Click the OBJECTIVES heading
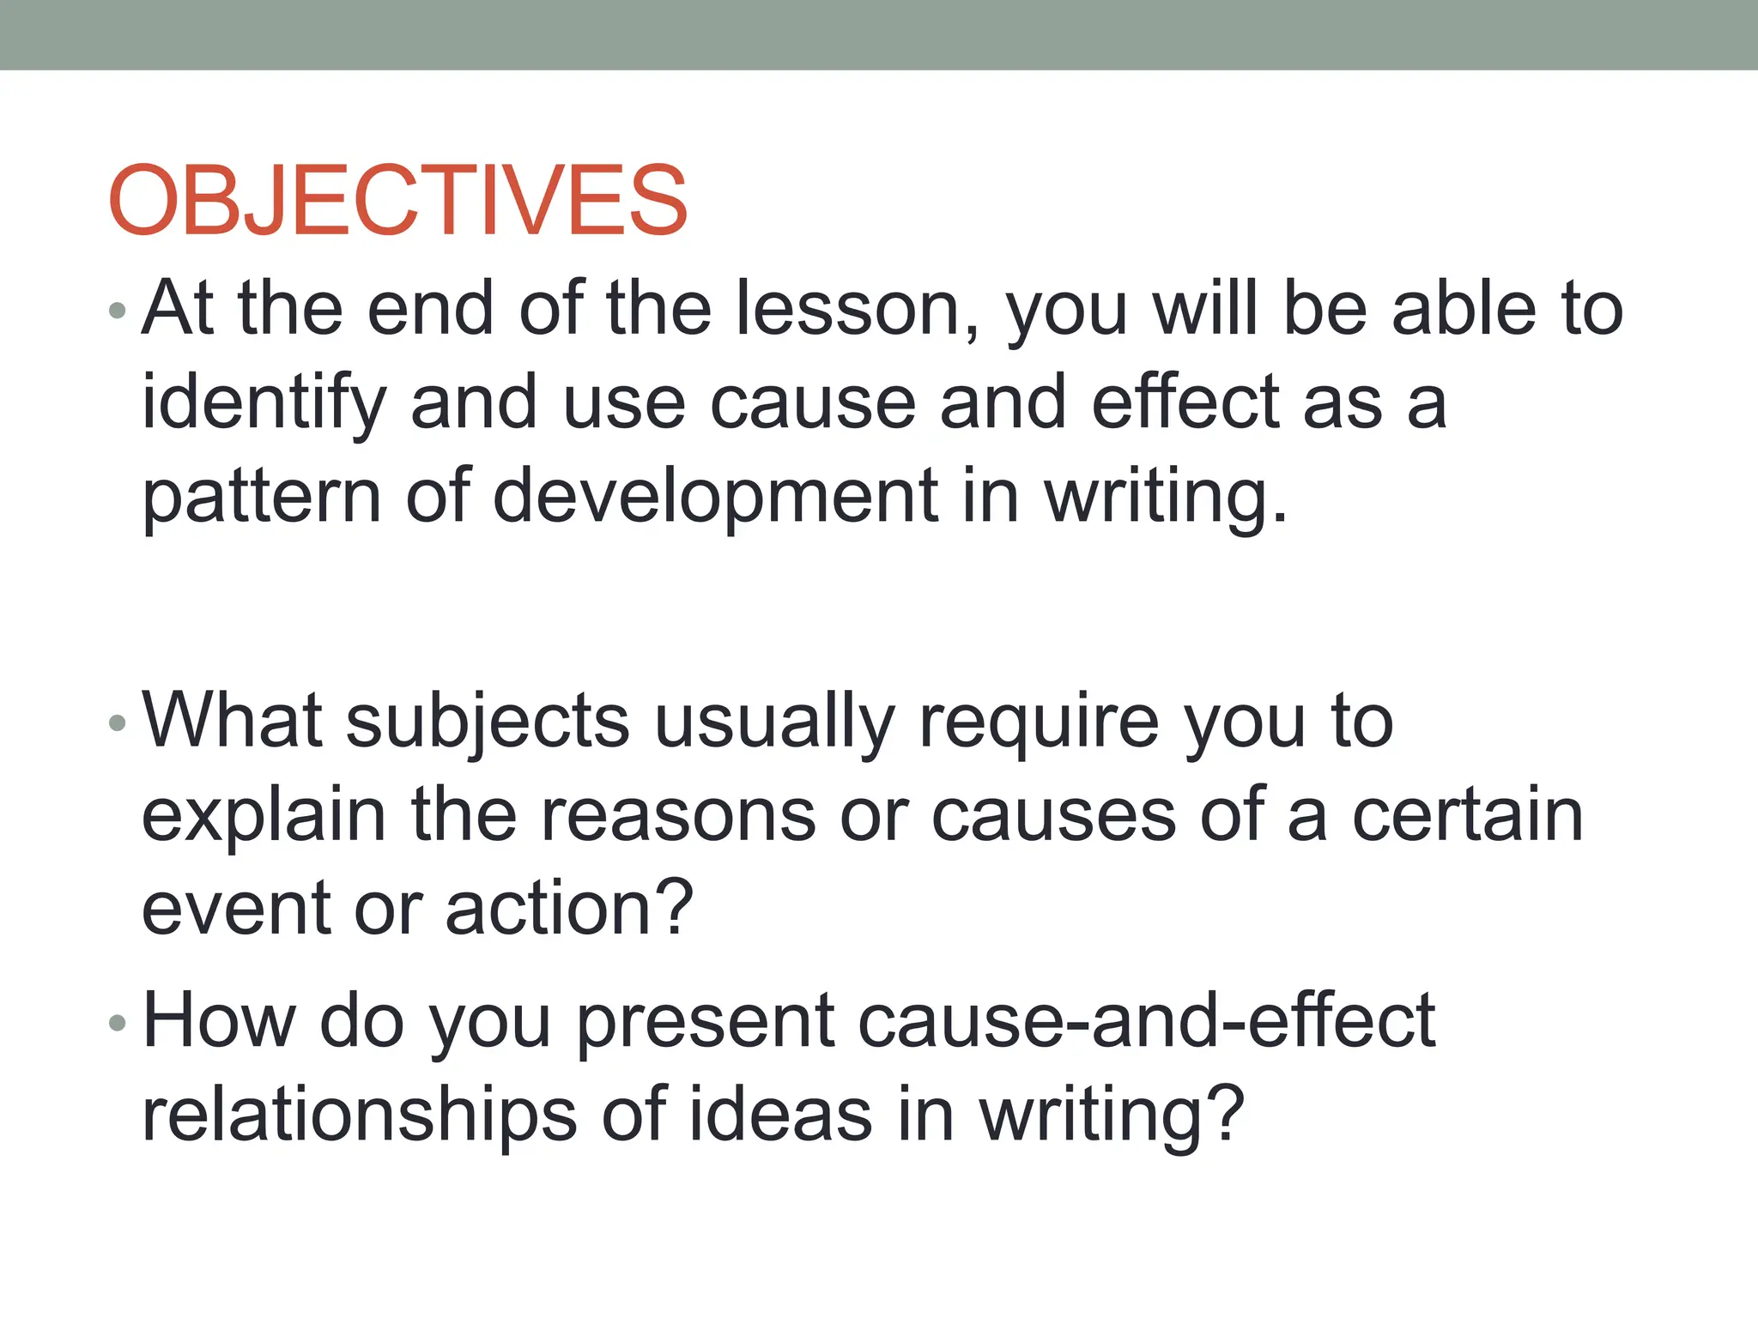[x=397, y=201]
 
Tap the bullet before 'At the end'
[x=118, y=310]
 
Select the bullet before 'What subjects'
[x=118, y=722]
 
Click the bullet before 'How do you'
[x=118, y=1022]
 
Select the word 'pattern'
[x=261, y=498]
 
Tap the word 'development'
[x=716, y=498]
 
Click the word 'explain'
[x=264, y=817]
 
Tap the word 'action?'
[x=569, y=910]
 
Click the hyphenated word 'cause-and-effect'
[x=1146, y=1021]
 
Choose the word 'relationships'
[x=359, y=1115]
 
